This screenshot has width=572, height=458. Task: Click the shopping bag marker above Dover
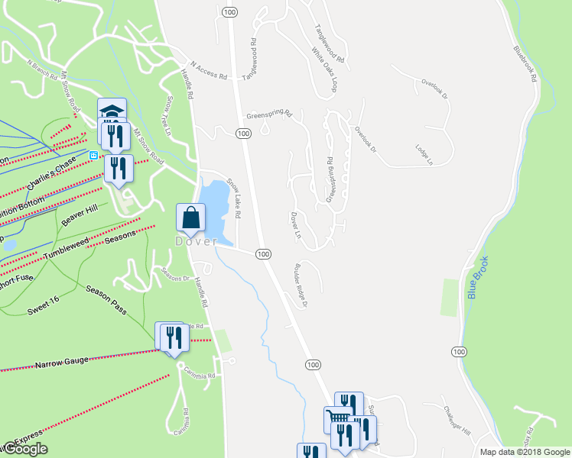click(190, 218)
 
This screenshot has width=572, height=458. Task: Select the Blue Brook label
click(478, 277)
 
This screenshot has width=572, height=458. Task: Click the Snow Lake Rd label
click(233, 200)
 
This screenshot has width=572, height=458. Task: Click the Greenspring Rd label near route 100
click(269, 115)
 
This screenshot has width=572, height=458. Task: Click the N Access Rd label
click(210, 72)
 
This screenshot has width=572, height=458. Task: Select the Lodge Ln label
click(424, 155)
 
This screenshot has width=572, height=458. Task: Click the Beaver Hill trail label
click(82, 214)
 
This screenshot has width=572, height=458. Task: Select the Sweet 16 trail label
click(44, 302)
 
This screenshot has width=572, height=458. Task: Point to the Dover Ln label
click(295, 224)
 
